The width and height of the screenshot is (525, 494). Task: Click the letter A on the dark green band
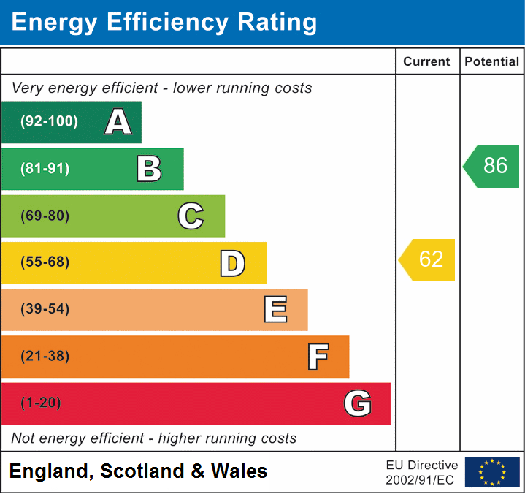118,122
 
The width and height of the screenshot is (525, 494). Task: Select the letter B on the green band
149,169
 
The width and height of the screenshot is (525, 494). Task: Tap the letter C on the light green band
191,216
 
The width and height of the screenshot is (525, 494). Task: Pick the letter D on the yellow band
232,263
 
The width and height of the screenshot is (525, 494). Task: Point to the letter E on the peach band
275,310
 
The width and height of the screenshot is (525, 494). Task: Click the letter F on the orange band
317,357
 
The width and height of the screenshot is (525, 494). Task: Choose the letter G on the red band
358,403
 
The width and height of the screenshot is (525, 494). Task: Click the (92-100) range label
50,122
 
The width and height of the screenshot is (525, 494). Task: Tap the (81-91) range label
45,169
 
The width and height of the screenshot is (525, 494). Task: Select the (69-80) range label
45,216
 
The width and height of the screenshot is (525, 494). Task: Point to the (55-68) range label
45,262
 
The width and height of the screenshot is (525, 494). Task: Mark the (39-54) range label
45,309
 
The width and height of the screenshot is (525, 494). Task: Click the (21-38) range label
45,357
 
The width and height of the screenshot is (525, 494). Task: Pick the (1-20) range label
42,403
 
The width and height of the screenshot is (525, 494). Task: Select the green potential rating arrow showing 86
492,166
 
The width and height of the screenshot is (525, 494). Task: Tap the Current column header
427,62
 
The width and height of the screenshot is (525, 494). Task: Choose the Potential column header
492,62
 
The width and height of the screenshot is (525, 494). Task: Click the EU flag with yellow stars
492,472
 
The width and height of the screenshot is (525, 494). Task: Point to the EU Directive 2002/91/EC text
422,472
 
